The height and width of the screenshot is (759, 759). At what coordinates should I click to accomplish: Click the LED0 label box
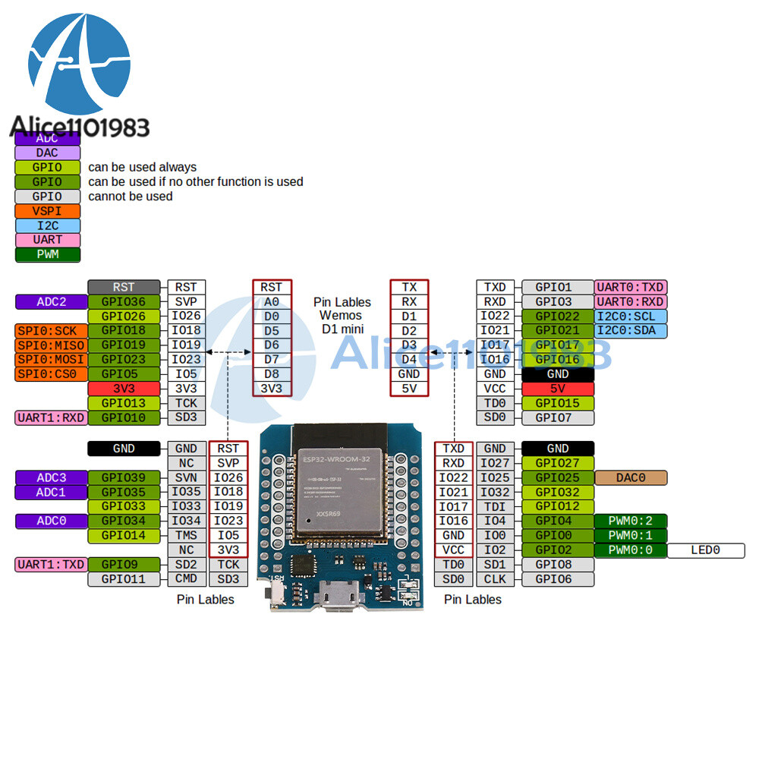[x=705, y=550]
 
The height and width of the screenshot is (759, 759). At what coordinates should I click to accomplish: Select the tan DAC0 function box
[x=631, y=477]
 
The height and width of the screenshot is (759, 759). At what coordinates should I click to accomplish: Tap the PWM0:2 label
[x=631, y=521]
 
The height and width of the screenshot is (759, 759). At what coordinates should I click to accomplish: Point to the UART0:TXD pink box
[x=631, y=287]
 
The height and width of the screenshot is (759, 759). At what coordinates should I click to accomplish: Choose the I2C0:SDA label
[x=631, y=330]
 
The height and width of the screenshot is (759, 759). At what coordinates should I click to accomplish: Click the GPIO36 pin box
[x=124, y=301]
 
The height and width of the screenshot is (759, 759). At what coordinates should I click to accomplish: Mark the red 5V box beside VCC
[x=558, y=388]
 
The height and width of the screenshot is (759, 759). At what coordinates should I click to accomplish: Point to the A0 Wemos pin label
[x=271, y=301]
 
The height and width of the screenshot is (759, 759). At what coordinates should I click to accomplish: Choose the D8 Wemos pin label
[x=271, y=373]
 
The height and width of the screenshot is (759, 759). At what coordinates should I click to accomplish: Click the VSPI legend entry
[x=47, y=211]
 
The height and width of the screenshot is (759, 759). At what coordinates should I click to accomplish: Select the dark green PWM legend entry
[x=47, y=254]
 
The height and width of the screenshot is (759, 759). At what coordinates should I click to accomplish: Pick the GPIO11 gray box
[x=124, y=578]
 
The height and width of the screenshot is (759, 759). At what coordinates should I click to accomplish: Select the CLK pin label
[x=495, y=578]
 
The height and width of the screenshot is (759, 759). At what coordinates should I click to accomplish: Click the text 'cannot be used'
[x=130, y=197]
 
